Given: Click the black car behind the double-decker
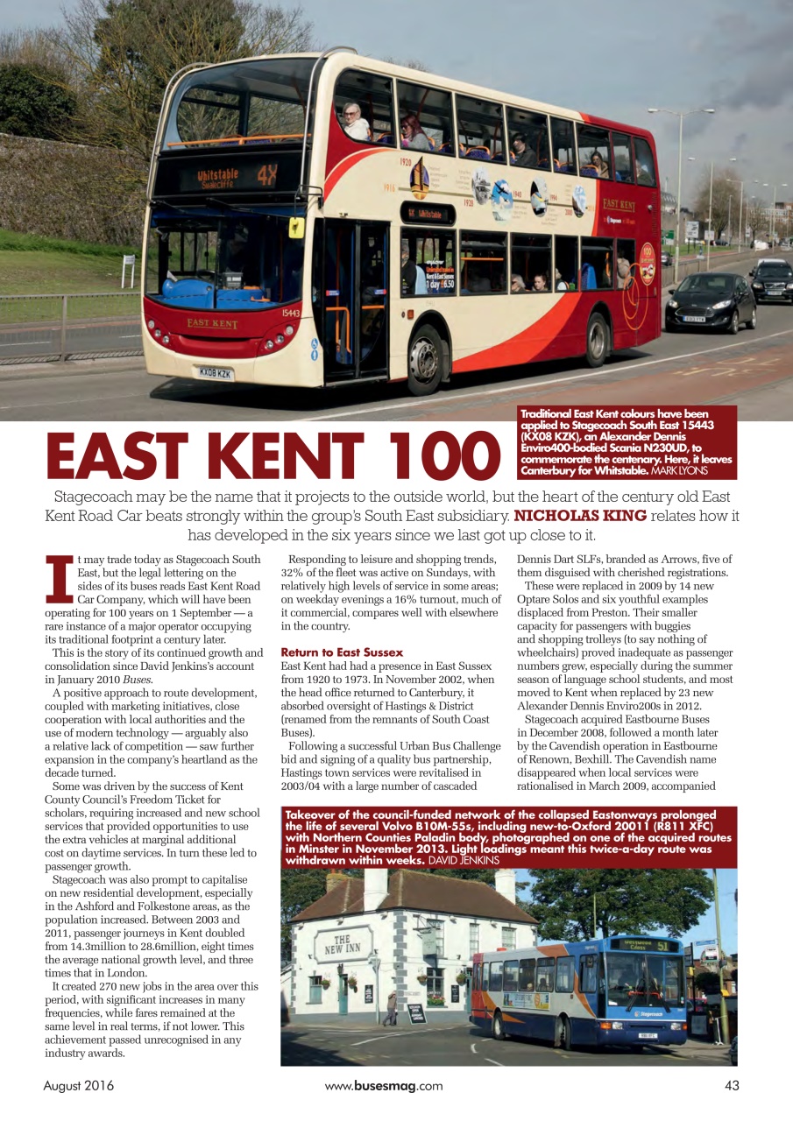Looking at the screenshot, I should (x=710, y=301).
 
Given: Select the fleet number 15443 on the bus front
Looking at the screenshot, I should (x=291, y=313).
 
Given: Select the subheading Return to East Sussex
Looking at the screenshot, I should (x=342, y=652).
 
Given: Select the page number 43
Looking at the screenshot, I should (x=732, y=1086).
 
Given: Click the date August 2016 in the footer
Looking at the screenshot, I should (x=79, y=1086).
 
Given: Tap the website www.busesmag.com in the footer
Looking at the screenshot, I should (x=384, y=1086).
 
